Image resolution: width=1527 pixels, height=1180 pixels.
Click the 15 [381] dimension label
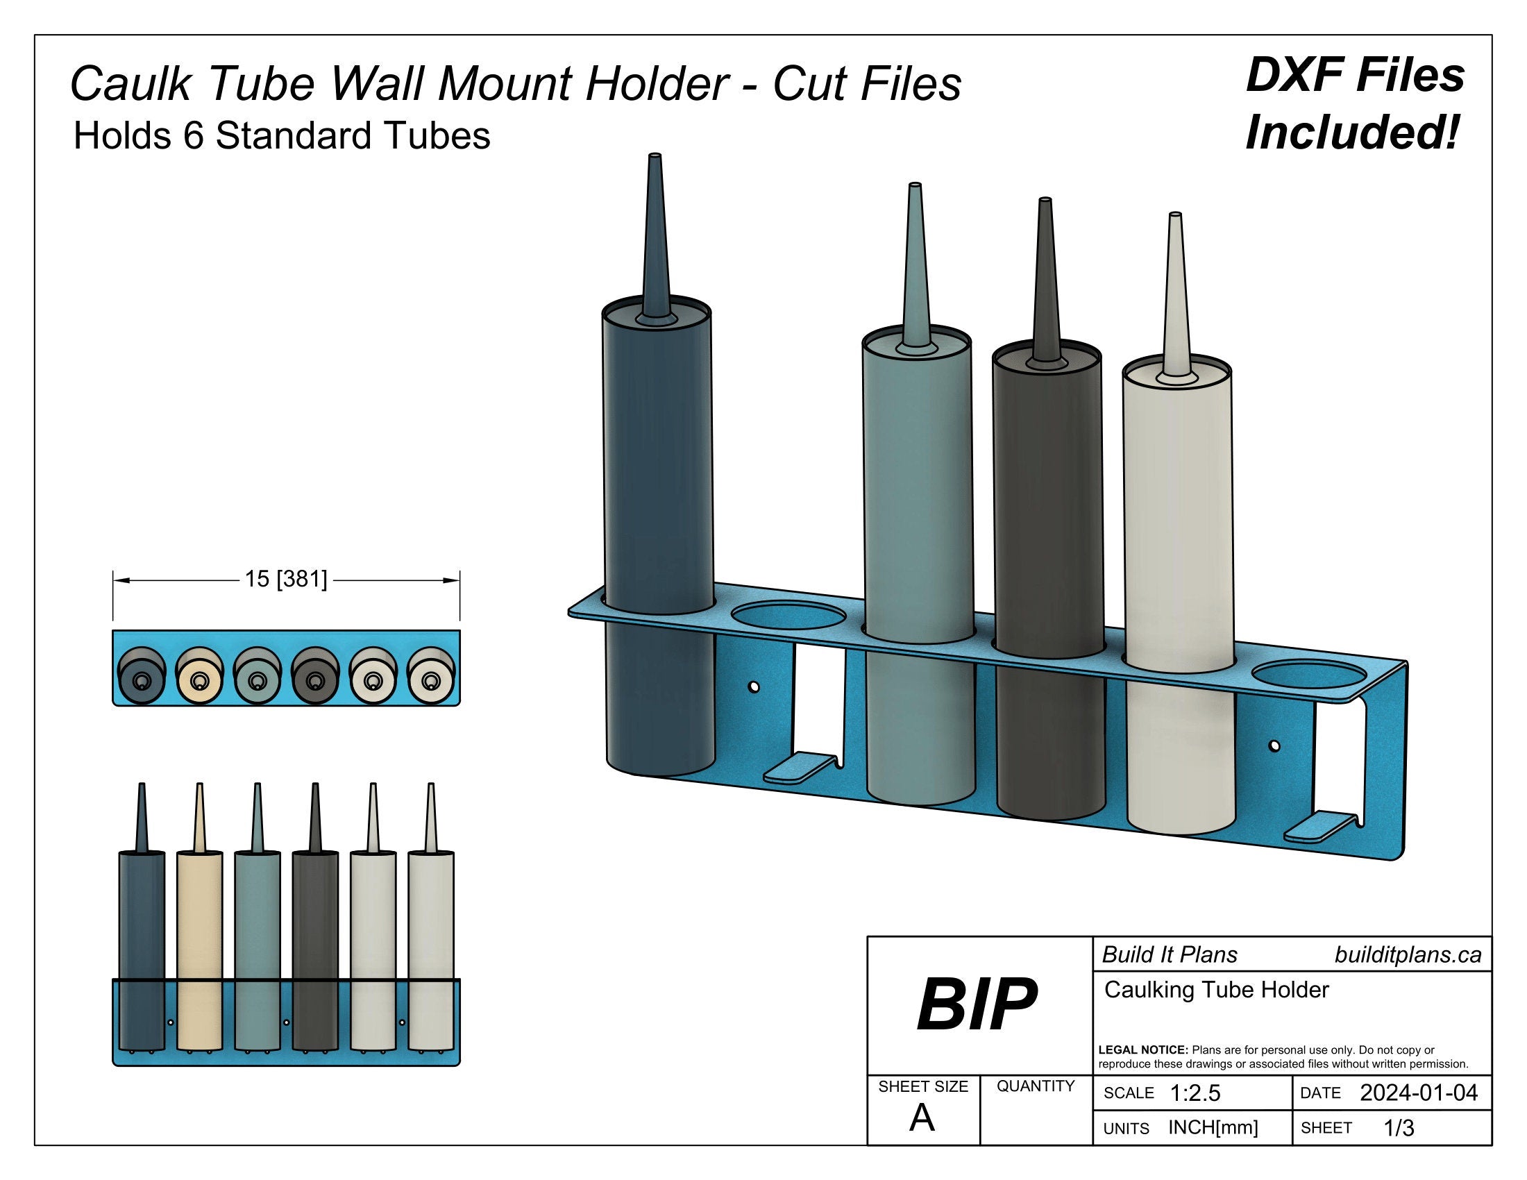pyautogui.click(x=285, y=580)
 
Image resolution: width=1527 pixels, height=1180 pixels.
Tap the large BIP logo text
pyautogui.click(x=977, y=1005)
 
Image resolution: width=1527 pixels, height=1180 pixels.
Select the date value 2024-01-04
pyautogui.click(x=1419, y=1093)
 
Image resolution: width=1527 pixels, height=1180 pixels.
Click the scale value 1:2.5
pyautogui.click(x=1195, y=1093)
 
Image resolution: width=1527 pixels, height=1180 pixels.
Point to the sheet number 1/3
pyautogui.click(x=1399, y=1127)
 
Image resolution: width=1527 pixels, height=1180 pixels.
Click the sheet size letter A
pyautogui.click(x=922, y=1118)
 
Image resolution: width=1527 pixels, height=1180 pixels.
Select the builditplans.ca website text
pyautogui.click(x=1408, y=955)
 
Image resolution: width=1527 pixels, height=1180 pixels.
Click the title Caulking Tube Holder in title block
pyautogui.click(x=1216, y=990)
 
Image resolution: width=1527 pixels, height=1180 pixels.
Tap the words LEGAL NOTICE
pyautogui.click(x=1143, y=1050)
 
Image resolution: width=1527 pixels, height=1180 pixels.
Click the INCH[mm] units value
pyautogui.click(x=1213, y=1127)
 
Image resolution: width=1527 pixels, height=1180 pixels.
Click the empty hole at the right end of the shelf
pyautogui.click(x=1309, y=675)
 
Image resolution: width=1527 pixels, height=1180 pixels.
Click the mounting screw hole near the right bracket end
pyautogui.click(x=1274, y=747)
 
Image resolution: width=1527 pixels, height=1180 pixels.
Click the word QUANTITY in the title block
pyautogui.click(x=1036, y=1086)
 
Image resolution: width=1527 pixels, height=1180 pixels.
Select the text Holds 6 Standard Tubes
pyautogui.click(x=282, y=135)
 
